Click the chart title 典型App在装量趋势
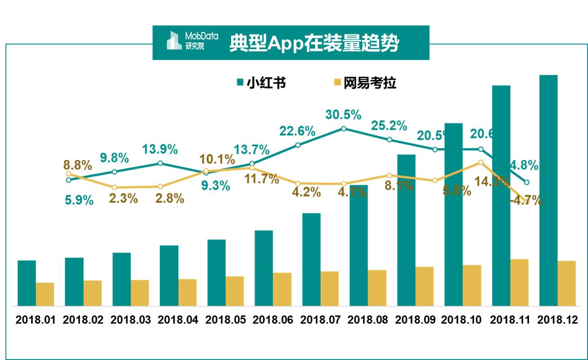tap(314, 43)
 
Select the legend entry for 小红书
tap(261, 83)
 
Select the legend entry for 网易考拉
tap(365, 83)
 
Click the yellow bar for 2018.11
tap(519, 282)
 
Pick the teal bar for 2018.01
tap(27, 283)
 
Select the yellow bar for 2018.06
tap(282, 289)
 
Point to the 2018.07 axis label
tap(320, 320)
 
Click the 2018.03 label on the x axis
tap(130, 320)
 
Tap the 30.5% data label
tap(343, 114)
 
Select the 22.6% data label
tap(297, 131)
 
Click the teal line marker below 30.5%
tap(343, 128)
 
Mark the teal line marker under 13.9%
tap(160, 163)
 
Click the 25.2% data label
tap(389, 125)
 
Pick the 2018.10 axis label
tap(462, 320)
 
